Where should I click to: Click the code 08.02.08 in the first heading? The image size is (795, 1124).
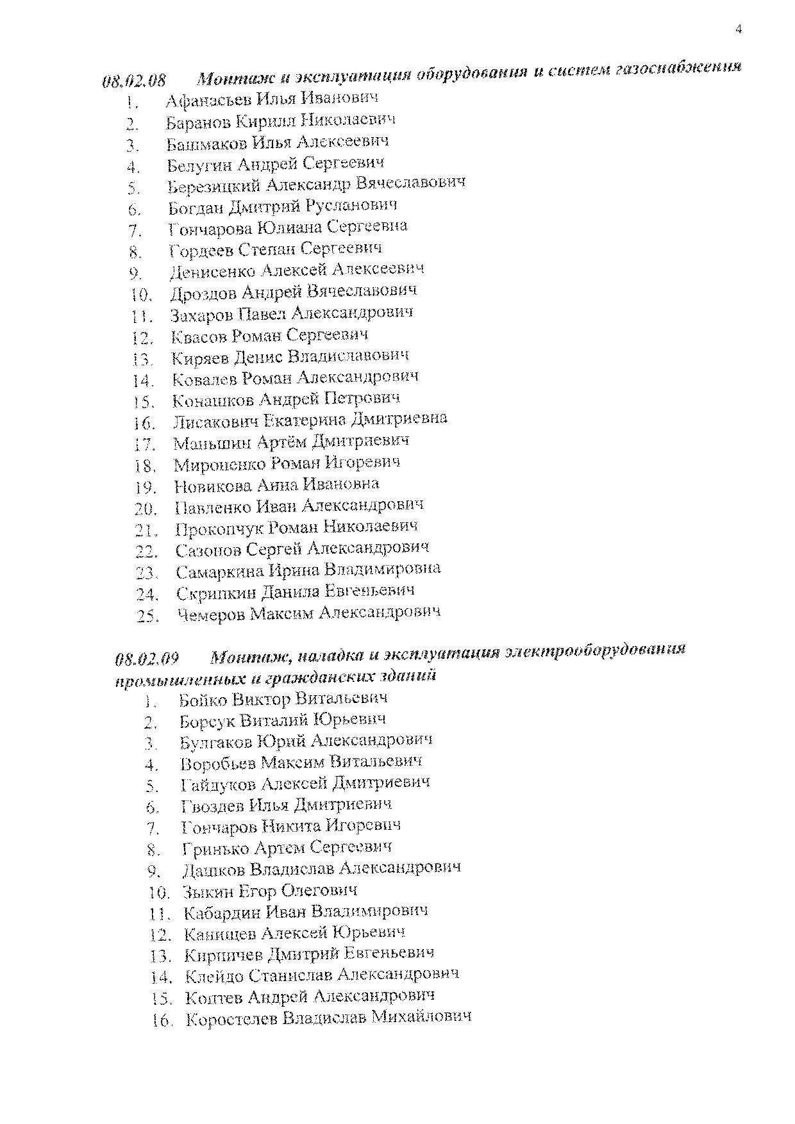134,81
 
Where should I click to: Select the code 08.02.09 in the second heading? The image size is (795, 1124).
147,659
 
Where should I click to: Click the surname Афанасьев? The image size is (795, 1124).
208,100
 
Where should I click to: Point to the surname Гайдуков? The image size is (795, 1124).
219,784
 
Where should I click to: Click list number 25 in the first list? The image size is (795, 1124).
147,616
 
